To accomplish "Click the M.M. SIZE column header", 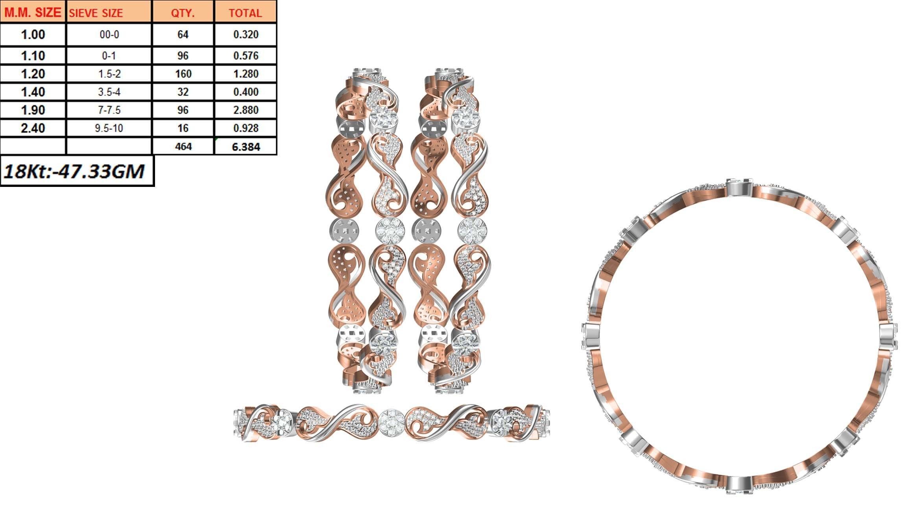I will (x=33, y=13).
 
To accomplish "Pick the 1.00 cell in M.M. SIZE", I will (x=33, y=35).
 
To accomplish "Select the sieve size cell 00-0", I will (x=109, y=35).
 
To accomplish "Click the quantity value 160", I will (x=183, y=74).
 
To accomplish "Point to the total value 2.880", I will (x=246, y=110).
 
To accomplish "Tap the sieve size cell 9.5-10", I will (x=109, y=128).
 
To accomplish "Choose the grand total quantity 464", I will (x=183, y=146).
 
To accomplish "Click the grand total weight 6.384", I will (x=246, y=147).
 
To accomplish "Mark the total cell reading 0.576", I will (x=246, y=55).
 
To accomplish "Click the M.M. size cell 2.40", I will (x=33, y=128).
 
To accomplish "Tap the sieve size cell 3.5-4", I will (x=109, y=92).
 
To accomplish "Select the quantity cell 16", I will (x=183, y=128).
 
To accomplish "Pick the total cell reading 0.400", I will (x=246, y=92).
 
